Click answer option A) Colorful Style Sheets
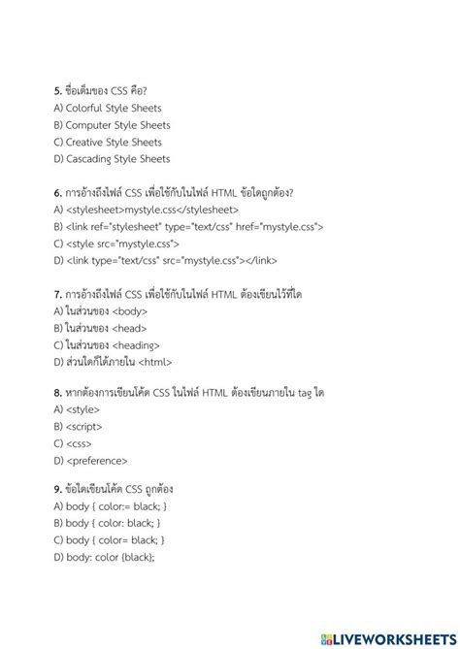[108, 109]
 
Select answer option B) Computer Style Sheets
[112, 125]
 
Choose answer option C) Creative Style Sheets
[108, 142]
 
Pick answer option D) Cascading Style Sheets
[112, 159]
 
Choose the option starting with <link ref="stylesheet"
[188, 227]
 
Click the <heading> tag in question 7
[137, 344]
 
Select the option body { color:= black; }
[112, 505]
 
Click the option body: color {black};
[104, 556]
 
